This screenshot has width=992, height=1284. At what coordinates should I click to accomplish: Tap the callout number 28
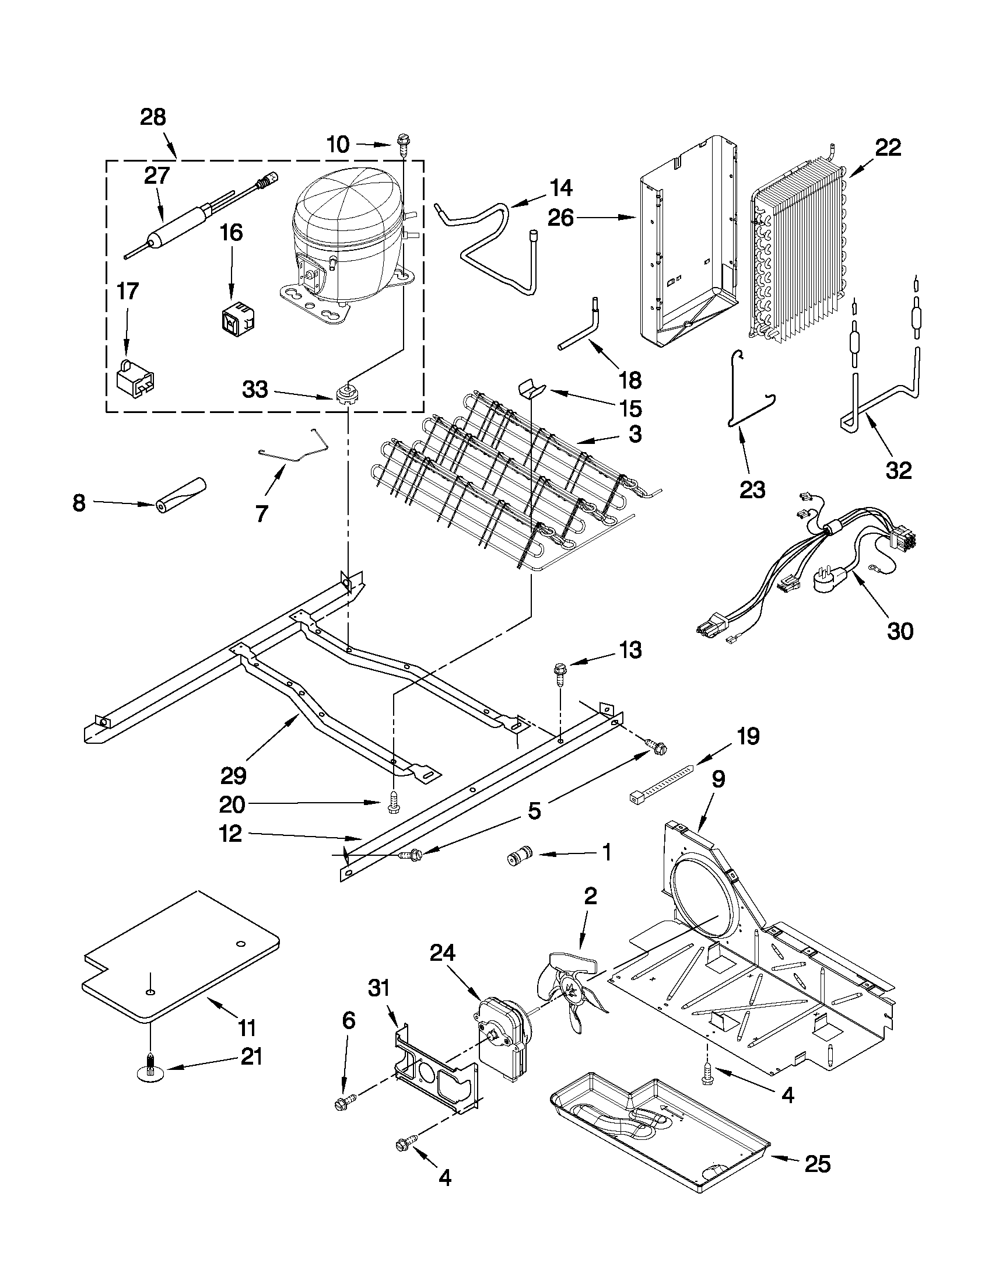pos(153,118)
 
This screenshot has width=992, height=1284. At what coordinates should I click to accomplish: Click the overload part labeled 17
pos(135,376)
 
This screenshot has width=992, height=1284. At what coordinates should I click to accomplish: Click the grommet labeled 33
pos(348,393)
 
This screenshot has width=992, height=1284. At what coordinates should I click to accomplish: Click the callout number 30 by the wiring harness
pos(900,631)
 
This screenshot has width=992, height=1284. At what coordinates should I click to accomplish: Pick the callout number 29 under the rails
pos(233,775)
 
